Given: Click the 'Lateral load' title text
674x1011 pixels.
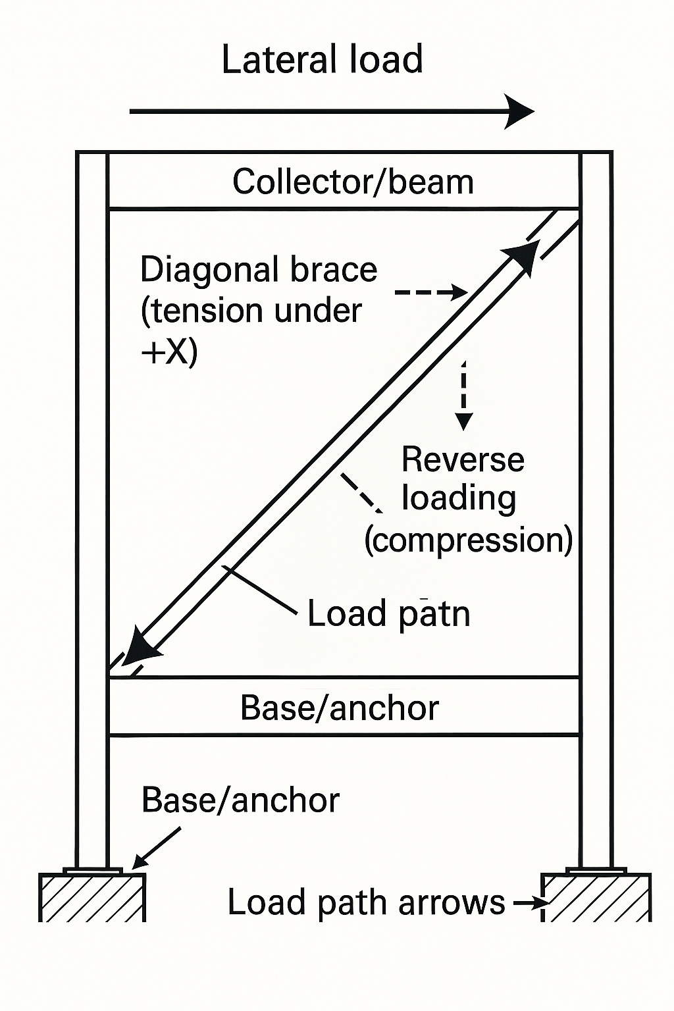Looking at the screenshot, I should [x=322, y=60].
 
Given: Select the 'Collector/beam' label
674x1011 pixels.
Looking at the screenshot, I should [x=353, y=182].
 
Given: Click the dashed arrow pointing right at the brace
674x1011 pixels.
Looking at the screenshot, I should [x=431, y=292].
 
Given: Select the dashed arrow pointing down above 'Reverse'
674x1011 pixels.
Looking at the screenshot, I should [x=464, y=395].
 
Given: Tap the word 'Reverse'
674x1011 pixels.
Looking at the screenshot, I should [x=463, y=459].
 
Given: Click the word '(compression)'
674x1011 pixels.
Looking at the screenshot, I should [x=468, y=540].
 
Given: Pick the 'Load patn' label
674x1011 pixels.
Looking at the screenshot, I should [x=388, y=614].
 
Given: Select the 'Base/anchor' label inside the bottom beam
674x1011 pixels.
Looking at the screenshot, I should [x=340, y=708].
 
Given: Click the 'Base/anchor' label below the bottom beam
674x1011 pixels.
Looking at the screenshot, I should [x=240, y=800].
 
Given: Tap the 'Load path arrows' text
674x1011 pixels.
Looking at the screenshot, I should [x=366, y=902].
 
